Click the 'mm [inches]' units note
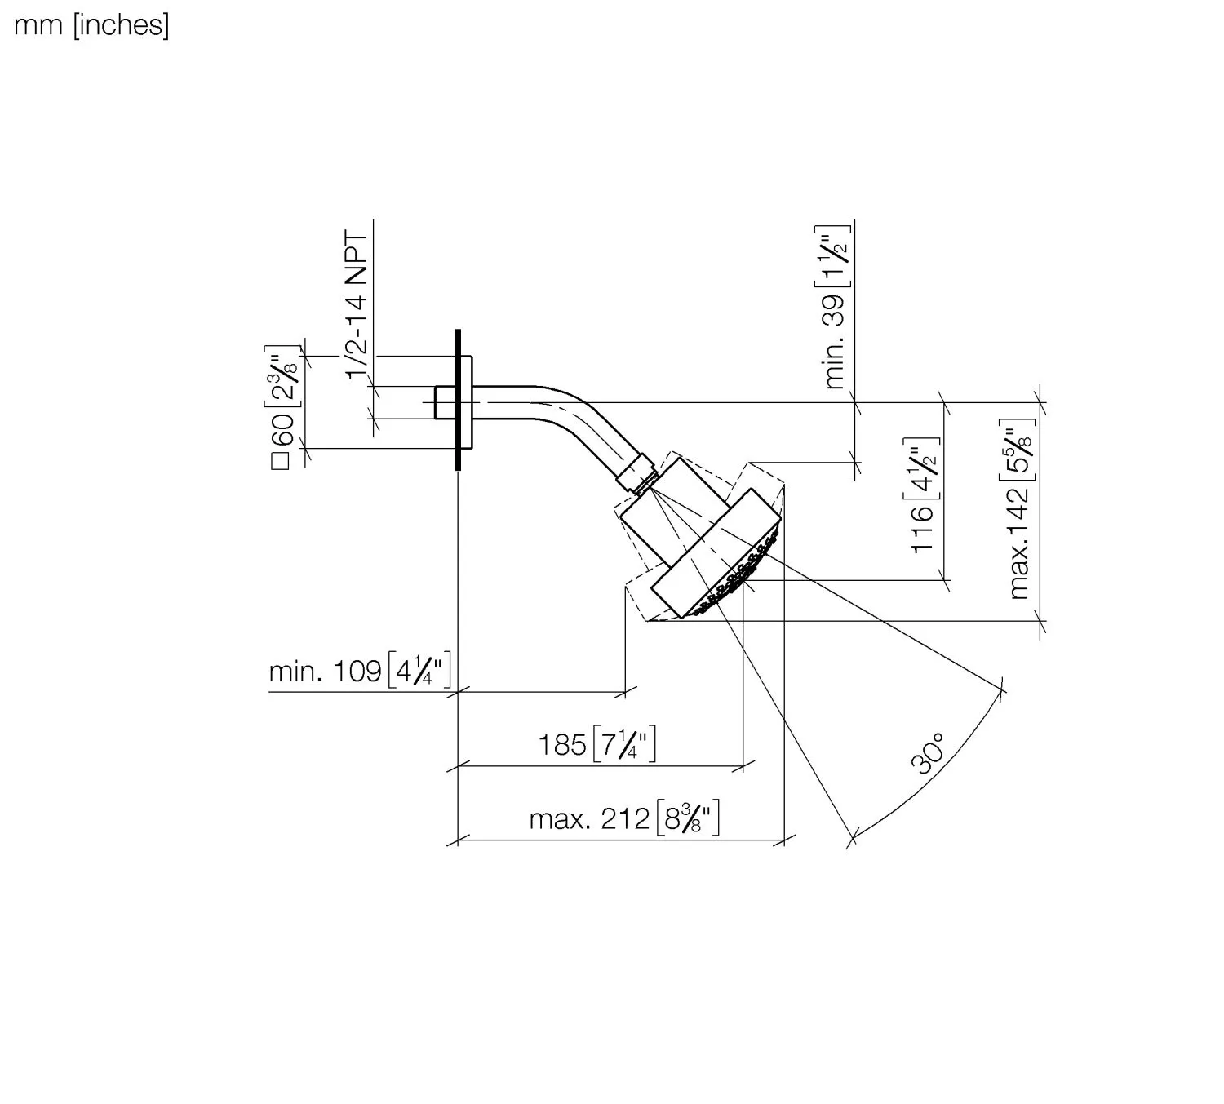pos(91,25)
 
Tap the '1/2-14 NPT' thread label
pos(357,305)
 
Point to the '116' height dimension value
pos(922,530)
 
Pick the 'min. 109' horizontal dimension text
pos(326,672)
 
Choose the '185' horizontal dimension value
pos(562,744)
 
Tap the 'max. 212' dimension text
pos(589,819)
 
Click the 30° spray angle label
pos(928,753)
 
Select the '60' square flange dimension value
pos(283,430)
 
